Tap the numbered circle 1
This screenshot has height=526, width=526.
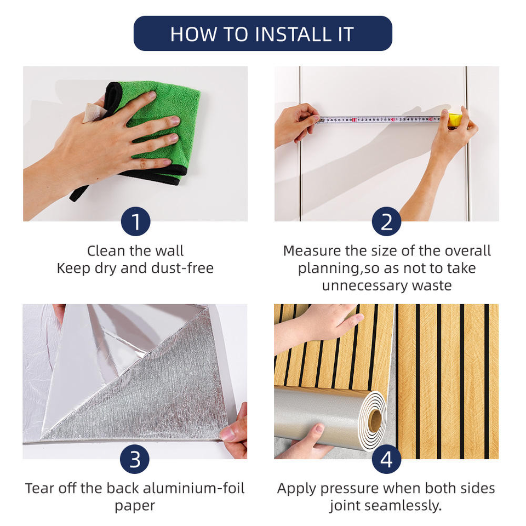coord(135,221)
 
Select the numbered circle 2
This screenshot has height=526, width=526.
coord(386,221)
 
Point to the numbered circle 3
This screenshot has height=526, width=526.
coord(135,459)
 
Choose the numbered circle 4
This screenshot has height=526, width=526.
coord(386,459)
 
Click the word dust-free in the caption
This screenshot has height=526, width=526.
coord(182,268)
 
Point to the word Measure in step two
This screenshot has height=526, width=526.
coord(308,251)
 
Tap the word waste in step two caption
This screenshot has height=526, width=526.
coord(432,286)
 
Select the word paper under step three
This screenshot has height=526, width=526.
coord(135,506)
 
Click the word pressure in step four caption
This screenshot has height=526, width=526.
coord(349,489)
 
